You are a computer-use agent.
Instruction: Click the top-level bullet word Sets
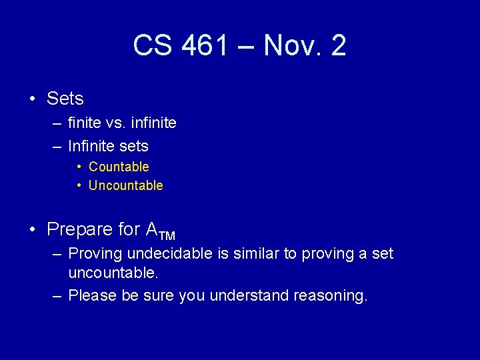[x=65, y=99]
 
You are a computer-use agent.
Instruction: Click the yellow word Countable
[x=119, y=167]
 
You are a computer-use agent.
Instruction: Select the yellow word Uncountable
[x=125, y=185]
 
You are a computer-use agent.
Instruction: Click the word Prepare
[x=80, y=229]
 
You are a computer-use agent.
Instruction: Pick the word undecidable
[x=169, y=253]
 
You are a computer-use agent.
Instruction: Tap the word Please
[x=93, y=295]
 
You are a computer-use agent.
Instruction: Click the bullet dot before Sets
[x=33, y=99]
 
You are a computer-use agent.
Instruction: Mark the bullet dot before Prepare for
[x=33, y=230]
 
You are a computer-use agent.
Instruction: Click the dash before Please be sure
[x=57, y=295]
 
